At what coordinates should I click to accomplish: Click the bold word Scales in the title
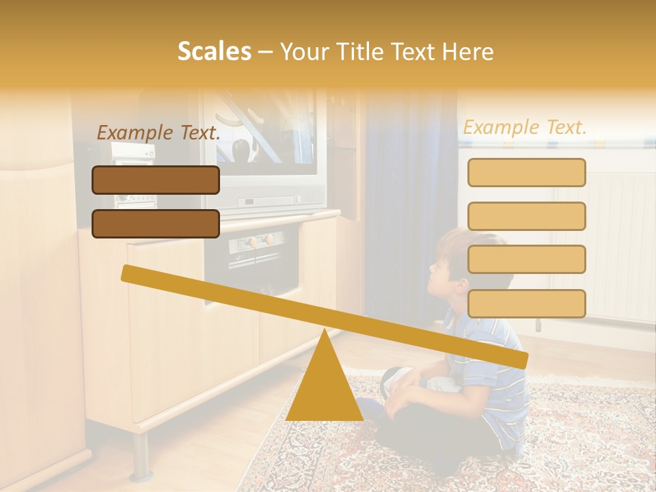pyautogui.click(x=214, y=52)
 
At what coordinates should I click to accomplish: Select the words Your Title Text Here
pyautogui.click(x=387, y=52)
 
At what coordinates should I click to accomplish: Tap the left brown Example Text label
pyautogui.click(x=158, y=133)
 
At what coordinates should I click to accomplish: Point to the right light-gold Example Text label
pyautogui.click(x=525, y=127)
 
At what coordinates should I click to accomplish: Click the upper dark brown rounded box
pyautogui.click(x=156, y=180)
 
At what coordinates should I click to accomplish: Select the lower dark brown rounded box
pyautogui.click(x=156, y=223)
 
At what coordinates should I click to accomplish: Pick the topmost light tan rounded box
pyautogui.click(x=526, y=172)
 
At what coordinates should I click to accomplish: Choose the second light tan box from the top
pyautogui.click(x=526, y=216)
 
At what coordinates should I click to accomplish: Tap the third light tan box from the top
pyautogui.click(x=526, y=260)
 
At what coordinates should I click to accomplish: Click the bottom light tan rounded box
pyautogui.click(x=526, y=303)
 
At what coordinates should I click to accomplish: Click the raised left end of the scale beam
pyautogui.click(x=130, y=273)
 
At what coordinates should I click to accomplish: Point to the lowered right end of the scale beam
pyautogui.click(x=519, y=359)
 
